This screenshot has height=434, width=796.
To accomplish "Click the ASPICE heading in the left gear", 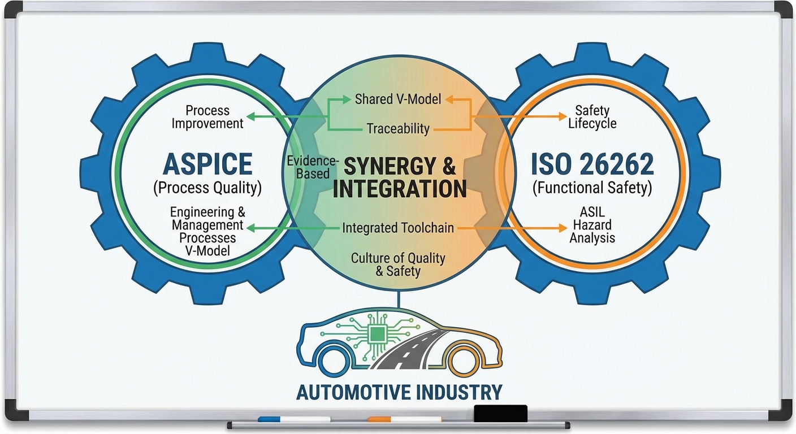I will (207, 164).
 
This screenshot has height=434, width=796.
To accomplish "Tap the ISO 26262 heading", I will (592, 164).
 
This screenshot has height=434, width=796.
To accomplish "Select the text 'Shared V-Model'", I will (397, 99).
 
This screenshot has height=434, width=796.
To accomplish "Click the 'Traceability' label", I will (398, 128).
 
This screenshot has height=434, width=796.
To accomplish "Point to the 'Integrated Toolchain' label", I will (398, 228).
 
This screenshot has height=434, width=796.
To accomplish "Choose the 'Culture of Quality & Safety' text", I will (398, 264).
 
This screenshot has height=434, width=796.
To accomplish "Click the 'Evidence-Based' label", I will (309, 167).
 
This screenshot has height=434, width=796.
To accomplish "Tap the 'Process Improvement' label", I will (207, 116).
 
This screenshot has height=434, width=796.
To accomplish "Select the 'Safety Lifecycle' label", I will (592, 116).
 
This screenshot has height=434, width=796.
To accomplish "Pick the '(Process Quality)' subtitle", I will (207, 188).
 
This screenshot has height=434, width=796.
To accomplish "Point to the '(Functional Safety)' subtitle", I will (592, 188).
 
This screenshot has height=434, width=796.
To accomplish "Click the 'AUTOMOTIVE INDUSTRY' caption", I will (399, 392).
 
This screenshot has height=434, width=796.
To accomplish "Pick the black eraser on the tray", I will (500, 413).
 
